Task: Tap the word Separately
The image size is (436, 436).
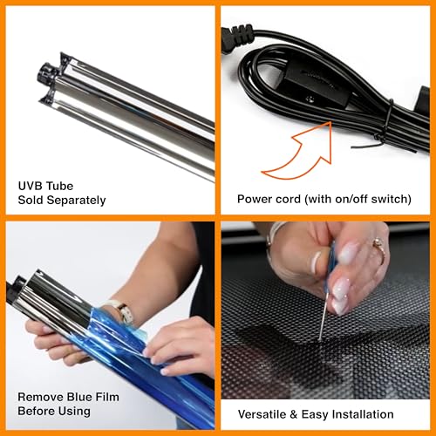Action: [76, 201]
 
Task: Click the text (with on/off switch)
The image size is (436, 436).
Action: [358, 200]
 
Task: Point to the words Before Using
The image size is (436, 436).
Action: [54, 412]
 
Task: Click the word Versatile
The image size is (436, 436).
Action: [262, 414]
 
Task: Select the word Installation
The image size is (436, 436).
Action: [363, 414]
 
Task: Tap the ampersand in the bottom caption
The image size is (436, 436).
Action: [294, 415]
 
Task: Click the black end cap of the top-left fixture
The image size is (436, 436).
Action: [45, 72]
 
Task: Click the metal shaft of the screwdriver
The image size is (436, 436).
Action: [324, 317]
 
